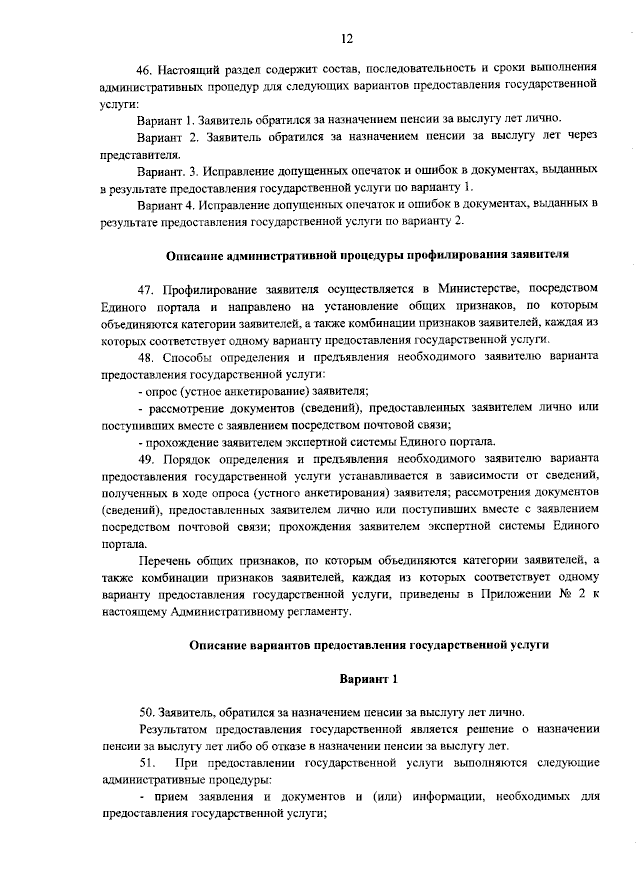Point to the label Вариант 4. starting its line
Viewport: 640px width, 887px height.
165,204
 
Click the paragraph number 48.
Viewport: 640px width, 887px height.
145,357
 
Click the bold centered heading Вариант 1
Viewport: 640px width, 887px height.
369,679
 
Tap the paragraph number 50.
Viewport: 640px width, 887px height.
145,712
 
